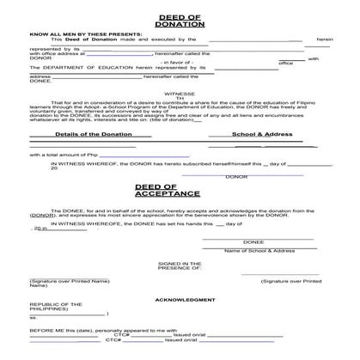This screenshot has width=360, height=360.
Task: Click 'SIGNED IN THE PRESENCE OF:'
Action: click(180, 265)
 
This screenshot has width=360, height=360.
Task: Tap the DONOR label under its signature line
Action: click(236, 177)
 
